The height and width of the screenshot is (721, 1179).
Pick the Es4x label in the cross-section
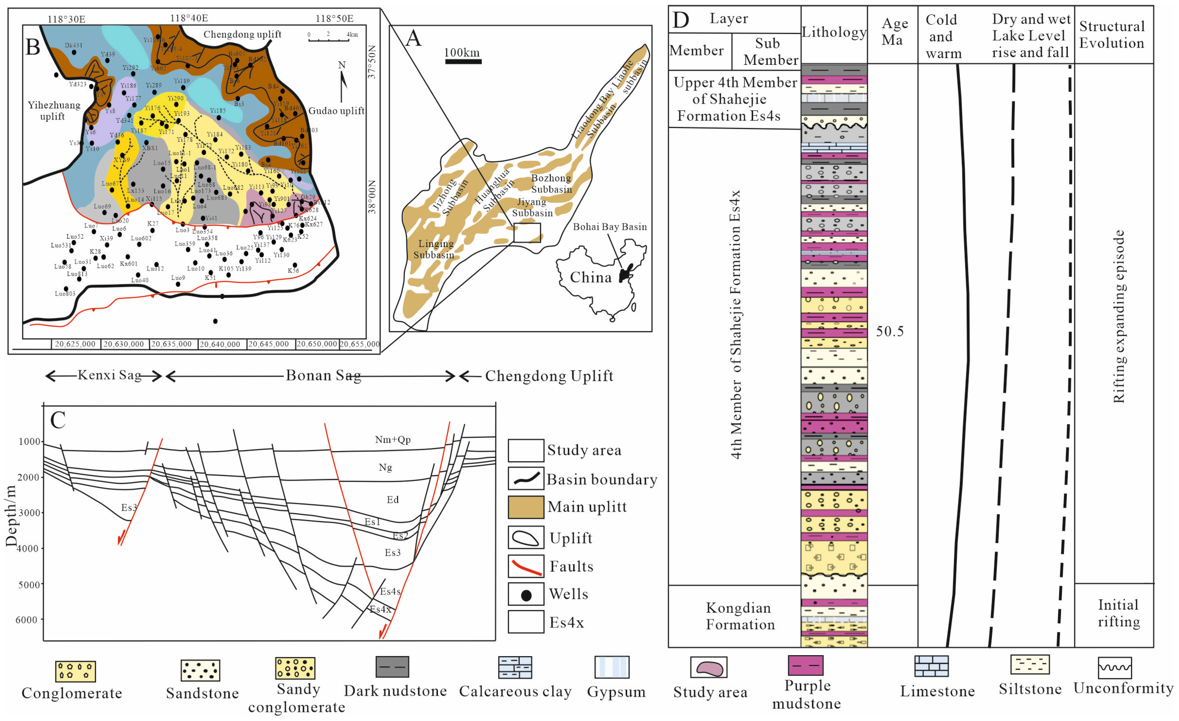pos(380,609)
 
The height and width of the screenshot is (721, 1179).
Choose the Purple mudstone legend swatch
pos(806,666)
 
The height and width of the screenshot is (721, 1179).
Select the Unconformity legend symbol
pos(1114,668)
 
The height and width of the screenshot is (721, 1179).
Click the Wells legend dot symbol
pos(526,595)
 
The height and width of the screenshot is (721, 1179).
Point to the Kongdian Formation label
pos(740,616)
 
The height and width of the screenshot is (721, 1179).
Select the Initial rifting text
pos(1118,613)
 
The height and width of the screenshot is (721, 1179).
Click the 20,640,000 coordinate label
pos(220,344)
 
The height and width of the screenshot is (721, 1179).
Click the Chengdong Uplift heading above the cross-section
pos(549,376)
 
